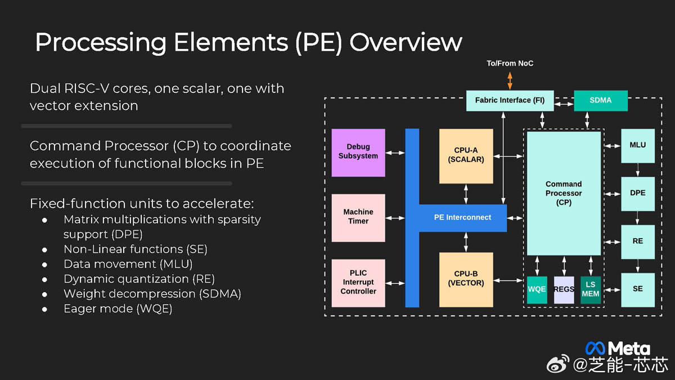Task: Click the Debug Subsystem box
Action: tap(358, 152)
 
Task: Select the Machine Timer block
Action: tap(358, 217)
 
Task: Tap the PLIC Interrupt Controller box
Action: tap(358, 283)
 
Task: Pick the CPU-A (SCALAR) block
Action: tap(466, 155)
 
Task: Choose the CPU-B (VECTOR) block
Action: tap(466, 279)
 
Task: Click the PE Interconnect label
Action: tap(462, 217)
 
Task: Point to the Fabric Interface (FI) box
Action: tap(510, 100)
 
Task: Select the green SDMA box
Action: tap(600, 100)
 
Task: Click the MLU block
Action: tap(638, 145)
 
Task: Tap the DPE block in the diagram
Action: tap(638, 193)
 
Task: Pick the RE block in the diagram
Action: tap(638, 242)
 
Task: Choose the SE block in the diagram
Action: tap(638, 289)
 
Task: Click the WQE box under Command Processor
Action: tap(537, 289)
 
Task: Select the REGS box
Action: tap(564, 289)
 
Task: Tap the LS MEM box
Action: tap(591, 289)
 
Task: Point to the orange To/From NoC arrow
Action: tap(510, 80)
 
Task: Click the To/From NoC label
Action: tap(510, 64)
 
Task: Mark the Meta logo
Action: tap(618, 348)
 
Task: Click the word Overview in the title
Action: tap(405, 42)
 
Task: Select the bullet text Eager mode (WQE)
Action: tap(118, 309)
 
